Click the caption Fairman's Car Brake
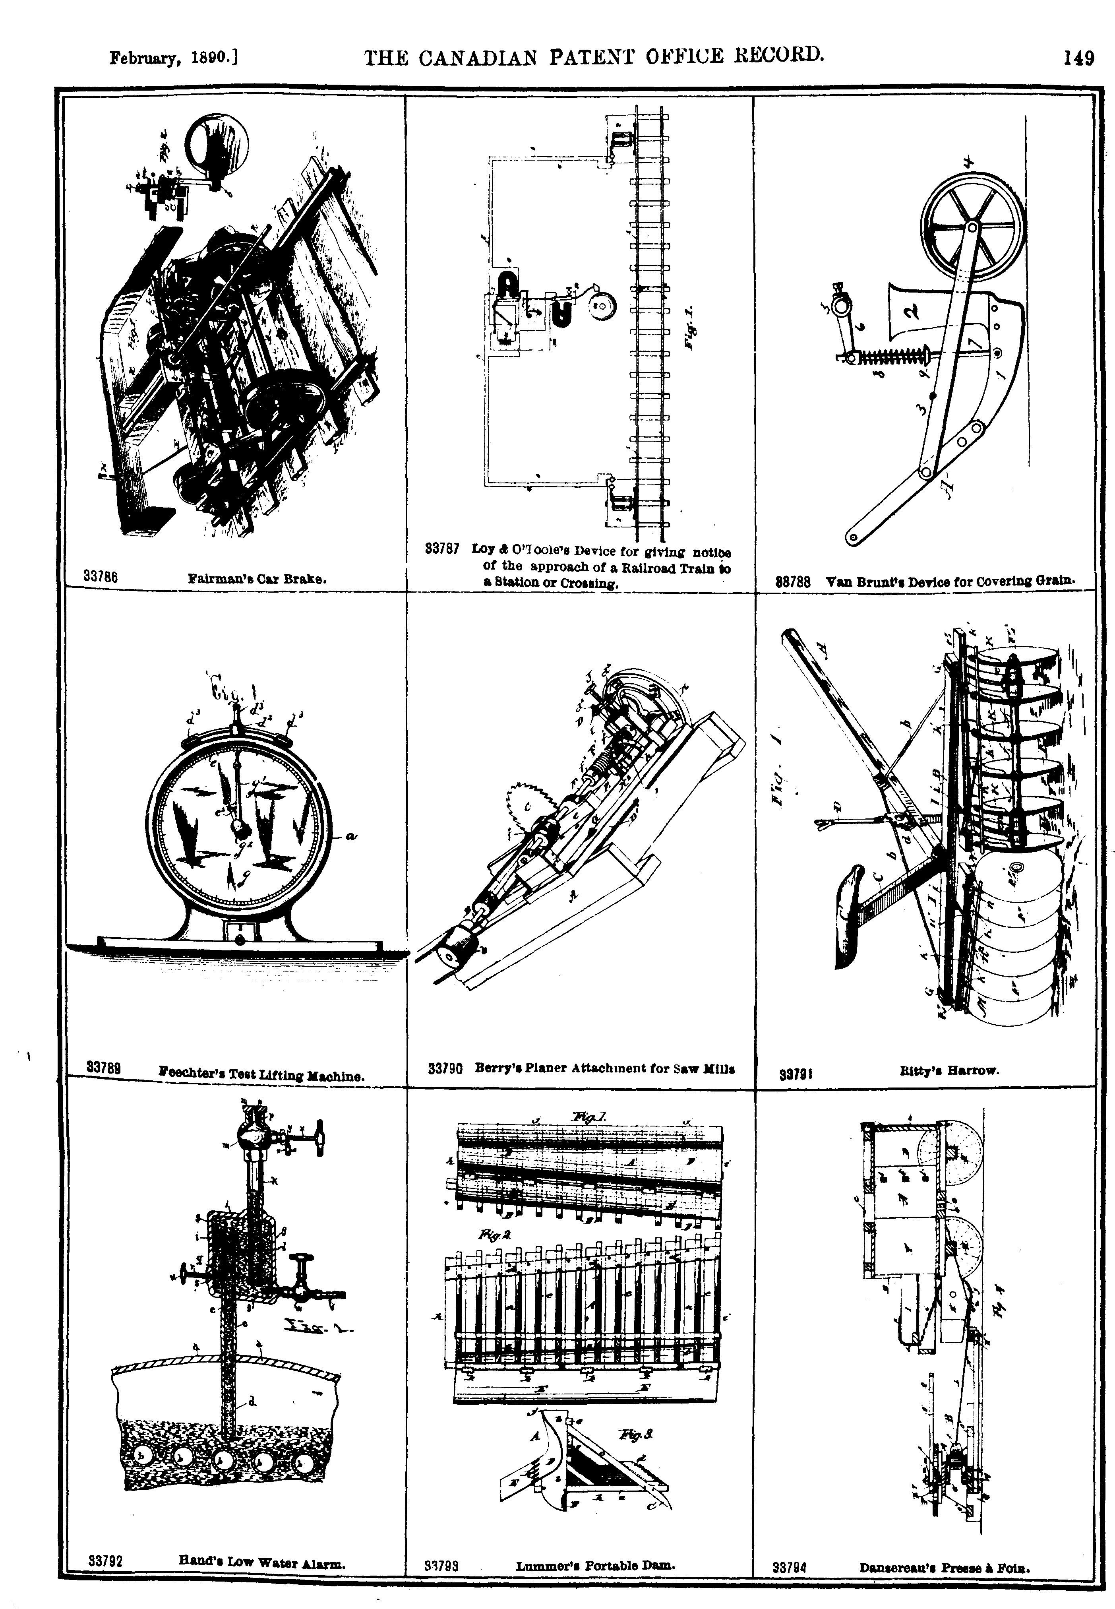[x=258, y=578]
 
